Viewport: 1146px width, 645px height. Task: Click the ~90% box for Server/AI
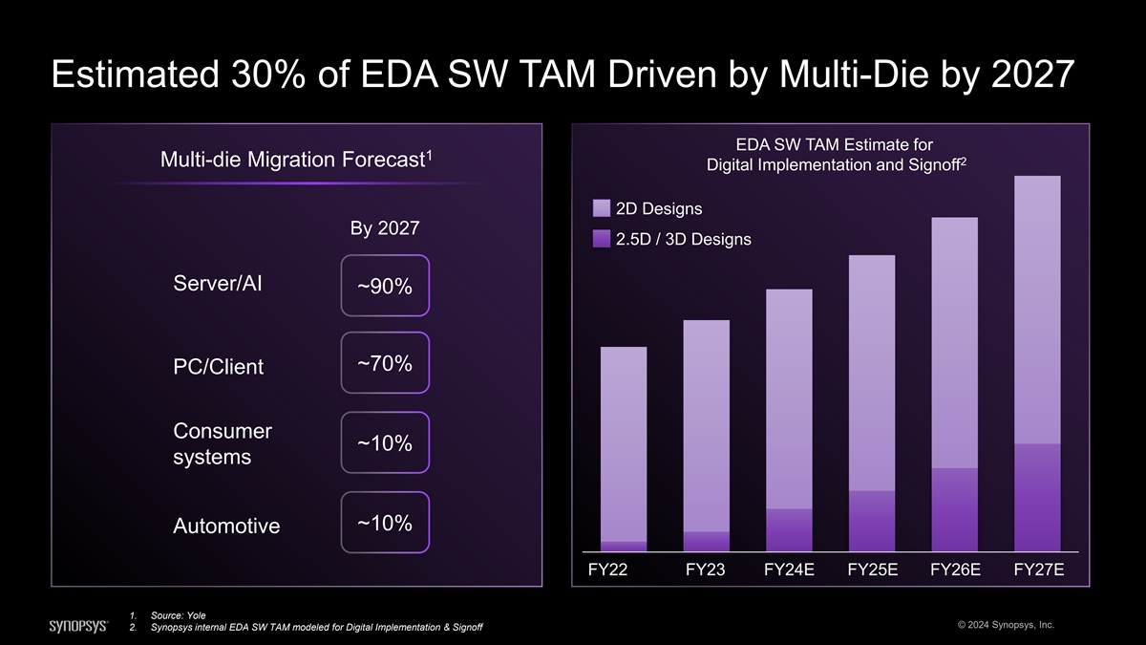coord(385,286)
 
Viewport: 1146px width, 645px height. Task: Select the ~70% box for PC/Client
coord(385,364)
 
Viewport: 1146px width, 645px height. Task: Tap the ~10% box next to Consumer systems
coord(385,443)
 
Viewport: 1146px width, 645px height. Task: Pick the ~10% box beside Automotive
coord(385,523)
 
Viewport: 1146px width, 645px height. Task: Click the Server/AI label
coord(219,284)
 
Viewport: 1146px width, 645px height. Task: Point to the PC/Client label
coord(219,367)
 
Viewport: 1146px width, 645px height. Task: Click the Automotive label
coord(226,527)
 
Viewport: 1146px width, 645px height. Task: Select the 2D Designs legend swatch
coord(602,208)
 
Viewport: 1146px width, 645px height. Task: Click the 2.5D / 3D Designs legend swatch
coord(602,239)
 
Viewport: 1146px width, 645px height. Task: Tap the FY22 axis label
coord(608,570)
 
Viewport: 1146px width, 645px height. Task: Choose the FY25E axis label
coord(872,570)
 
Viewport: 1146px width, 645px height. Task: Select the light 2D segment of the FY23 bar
coord(707,425)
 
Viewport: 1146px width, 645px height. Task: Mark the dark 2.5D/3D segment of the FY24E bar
coord(789,530)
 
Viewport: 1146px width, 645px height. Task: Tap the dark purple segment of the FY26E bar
coord(954,509)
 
